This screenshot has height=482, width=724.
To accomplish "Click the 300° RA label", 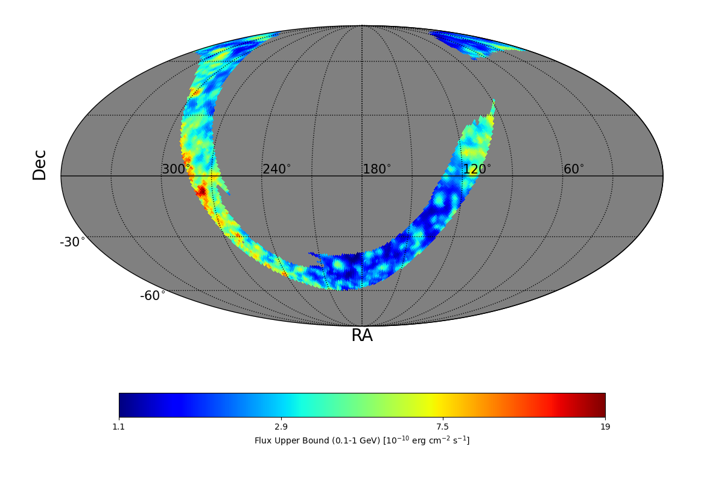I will [176, 169].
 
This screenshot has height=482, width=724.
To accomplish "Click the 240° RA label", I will [276, 169].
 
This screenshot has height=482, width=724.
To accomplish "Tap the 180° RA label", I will [376, 169].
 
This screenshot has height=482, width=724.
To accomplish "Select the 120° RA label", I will [477, 169].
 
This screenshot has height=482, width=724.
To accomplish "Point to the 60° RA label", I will [574, 169].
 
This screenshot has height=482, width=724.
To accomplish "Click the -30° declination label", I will [72, 242].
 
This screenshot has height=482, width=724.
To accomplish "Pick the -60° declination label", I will [153, 296].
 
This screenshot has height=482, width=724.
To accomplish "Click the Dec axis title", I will [40, 165].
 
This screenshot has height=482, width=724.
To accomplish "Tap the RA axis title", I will [362, 336].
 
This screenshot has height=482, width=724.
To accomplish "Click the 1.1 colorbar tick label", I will [119, 427].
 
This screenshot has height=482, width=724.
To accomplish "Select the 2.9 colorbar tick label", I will [281, 427].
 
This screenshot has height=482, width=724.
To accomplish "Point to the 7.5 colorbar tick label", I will [443, 427].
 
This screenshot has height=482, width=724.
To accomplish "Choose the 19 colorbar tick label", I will [605, 427].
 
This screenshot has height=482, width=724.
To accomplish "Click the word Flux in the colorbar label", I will [262, 440].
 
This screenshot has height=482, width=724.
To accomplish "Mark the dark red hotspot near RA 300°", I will [201, 192].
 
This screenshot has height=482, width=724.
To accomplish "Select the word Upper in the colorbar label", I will [284, 440].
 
